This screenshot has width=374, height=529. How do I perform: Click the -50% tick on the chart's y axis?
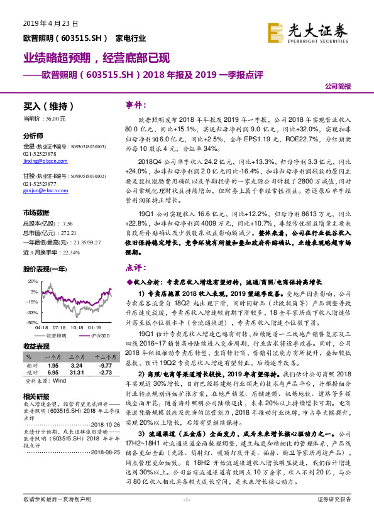point(31,322)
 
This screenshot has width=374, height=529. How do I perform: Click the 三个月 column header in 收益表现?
point(77,356)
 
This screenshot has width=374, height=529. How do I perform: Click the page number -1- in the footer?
point(186,516)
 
